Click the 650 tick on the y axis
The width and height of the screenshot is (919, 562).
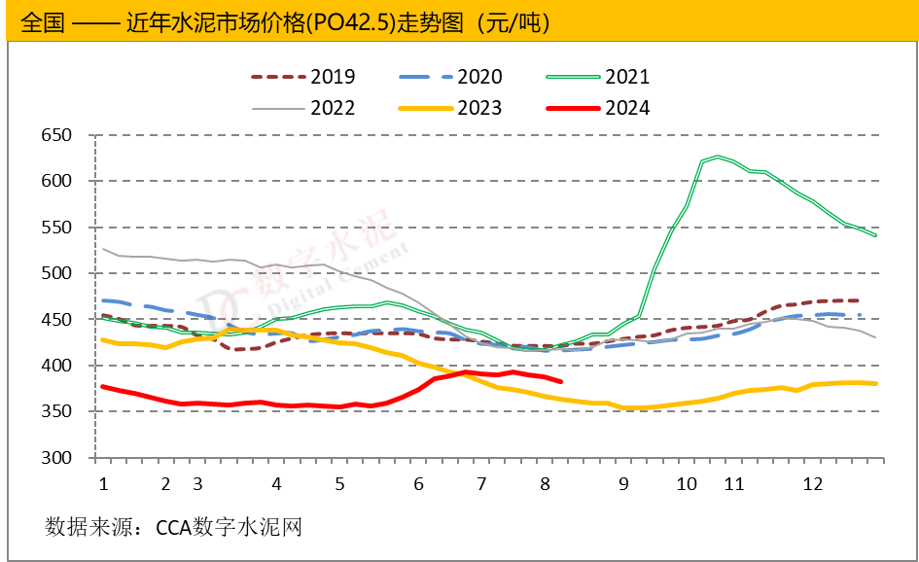click(57, 135)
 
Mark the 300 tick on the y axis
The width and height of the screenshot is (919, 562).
click(57, 458)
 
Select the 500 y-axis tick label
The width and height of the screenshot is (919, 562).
click(57, 273)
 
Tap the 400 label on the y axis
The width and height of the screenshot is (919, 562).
click(57, 366)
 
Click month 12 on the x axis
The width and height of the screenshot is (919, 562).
click(812, 483)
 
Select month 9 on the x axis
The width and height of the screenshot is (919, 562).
click(622, 483)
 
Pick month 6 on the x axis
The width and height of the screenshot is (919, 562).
click(418, 483)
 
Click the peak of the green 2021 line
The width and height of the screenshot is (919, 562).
click(718, 157)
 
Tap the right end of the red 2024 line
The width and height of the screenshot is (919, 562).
click(561, 381)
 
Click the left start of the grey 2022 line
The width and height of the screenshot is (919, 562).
click(102, 249)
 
